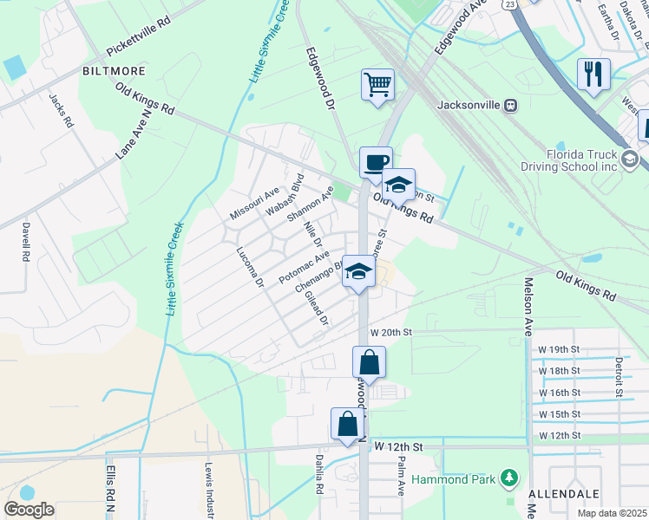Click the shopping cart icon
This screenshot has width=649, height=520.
coord(377,86)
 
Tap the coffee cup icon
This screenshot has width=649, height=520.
coord(377,163)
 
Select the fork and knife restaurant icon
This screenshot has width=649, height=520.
coord(594,74)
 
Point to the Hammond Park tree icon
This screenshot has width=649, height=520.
coord(509,478)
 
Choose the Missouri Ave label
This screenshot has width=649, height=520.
coord(253,202)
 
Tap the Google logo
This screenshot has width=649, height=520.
coord(29,510)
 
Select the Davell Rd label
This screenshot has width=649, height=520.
coord(26,242)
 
